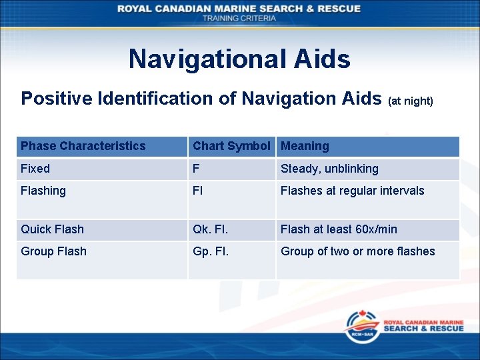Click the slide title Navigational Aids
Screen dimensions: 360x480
click(239, 59)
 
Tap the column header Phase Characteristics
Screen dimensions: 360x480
click(83, 146)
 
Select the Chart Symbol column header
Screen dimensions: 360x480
click(231, 146)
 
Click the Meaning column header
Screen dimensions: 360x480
click(305, 146)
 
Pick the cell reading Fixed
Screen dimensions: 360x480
click(35, 169)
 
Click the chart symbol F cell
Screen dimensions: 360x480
click(196, 169)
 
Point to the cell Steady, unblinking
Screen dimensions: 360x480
click(329, 169)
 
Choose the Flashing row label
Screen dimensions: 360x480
click(43, 191)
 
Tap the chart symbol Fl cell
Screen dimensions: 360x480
click(198, 191)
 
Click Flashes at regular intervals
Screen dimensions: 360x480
click(352, 191)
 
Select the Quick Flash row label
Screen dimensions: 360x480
click(52, 229)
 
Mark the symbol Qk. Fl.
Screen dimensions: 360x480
click(211, 229)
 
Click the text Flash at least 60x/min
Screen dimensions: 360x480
click(339, 229)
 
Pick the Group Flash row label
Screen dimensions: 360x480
click(53, 251)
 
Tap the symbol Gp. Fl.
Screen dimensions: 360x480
click(211, 251)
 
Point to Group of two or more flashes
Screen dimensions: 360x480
click(357, 251)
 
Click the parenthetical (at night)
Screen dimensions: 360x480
click(411, 101)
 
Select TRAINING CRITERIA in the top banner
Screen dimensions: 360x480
click(239, 18)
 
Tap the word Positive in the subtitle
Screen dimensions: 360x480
click(57, 99)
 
